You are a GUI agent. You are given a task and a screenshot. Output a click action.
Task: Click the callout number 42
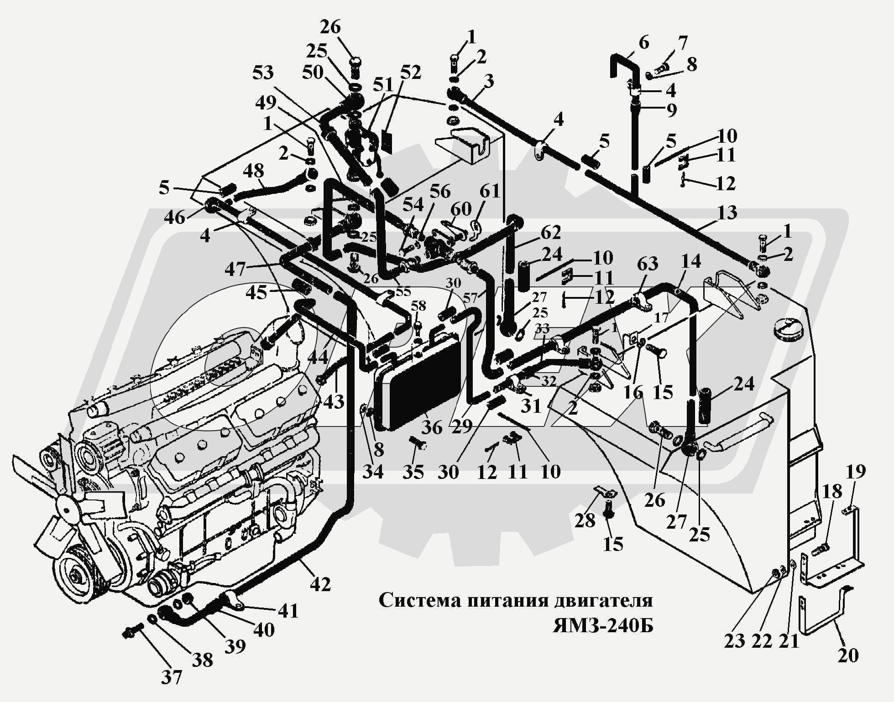(x=320, y=584)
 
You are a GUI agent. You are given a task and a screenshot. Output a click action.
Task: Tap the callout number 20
(x=848, y=655)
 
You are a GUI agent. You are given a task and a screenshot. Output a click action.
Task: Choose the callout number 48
(x=253, y=171)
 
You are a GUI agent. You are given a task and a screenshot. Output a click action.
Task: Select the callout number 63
(x=648, y=264)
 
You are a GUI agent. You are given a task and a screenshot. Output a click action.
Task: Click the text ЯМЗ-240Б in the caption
(x=603, y=626)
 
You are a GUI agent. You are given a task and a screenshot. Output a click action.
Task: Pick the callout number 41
(x=288, y=610)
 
